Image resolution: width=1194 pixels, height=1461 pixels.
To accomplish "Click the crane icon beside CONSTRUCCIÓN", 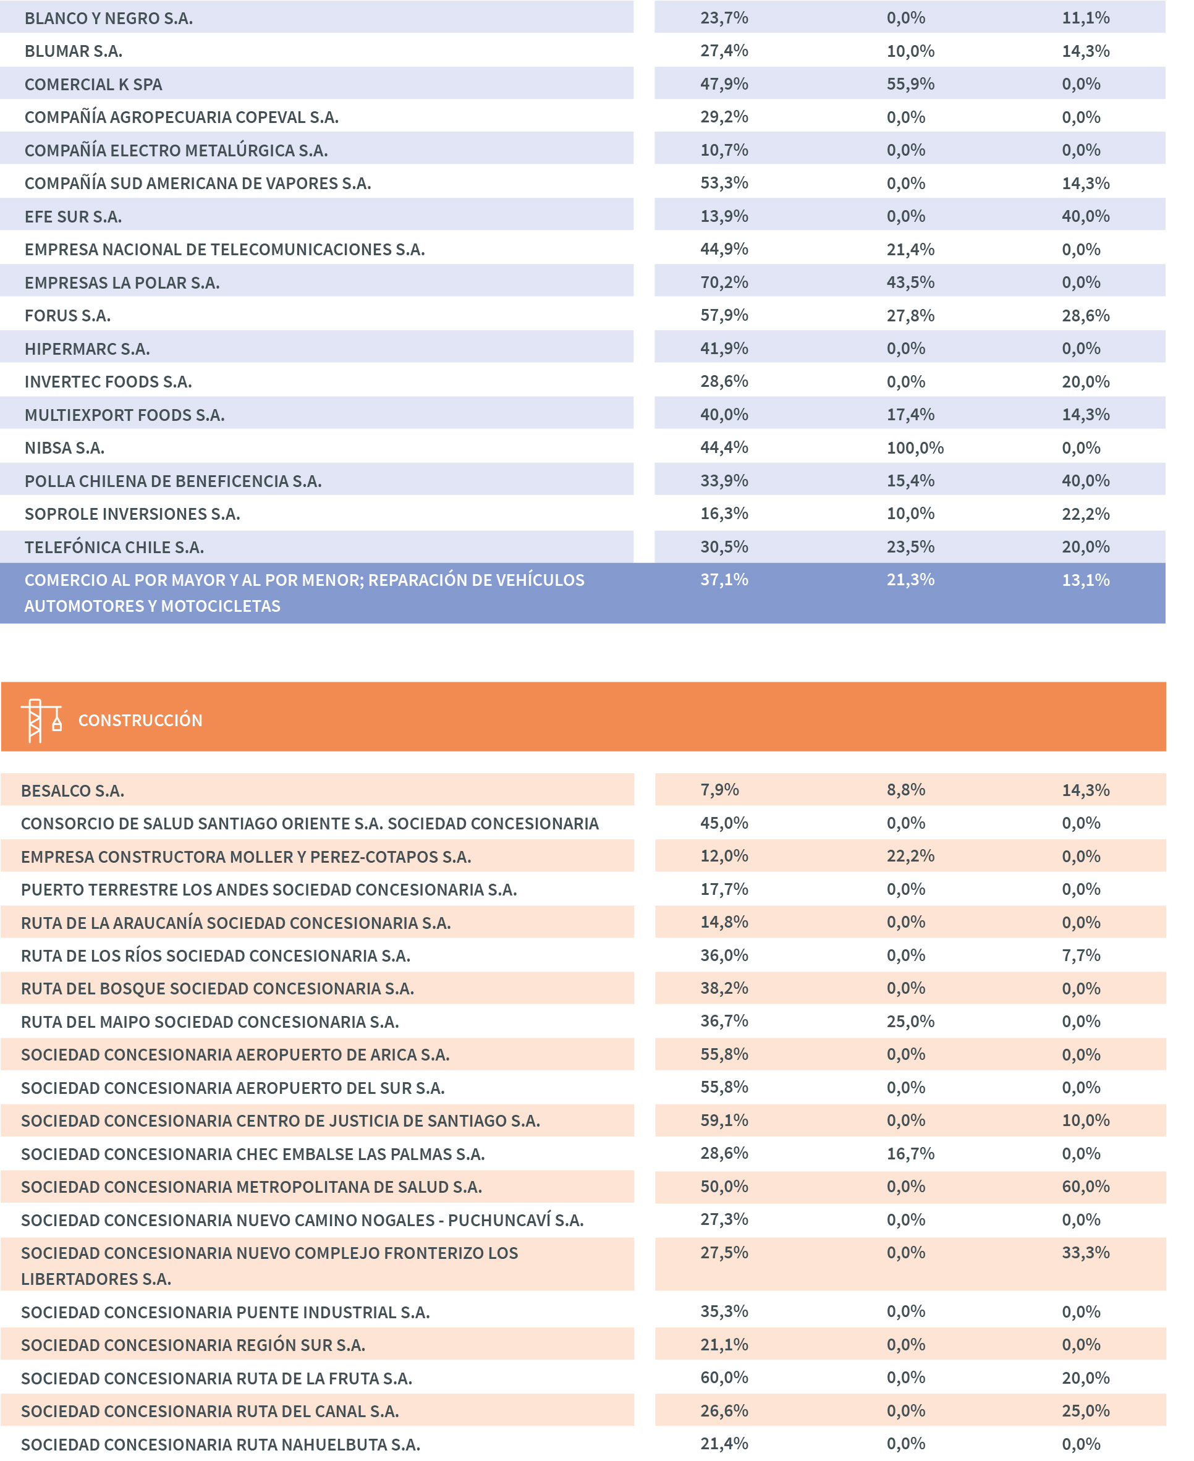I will (x=41, y=720).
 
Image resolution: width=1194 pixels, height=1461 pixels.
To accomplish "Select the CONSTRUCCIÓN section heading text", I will (x=140, y=720).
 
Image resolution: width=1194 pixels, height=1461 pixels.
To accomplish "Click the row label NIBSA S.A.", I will (x=65, y=448).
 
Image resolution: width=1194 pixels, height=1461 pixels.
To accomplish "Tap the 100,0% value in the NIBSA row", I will (x=915, y=448).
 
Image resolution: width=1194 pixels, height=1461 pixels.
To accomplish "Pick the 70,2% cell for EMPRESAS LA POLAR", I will (x=724, y=282).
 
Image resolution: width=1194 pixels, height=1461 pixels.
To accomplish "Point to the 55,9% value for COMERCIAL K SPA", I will (x=910, y=84).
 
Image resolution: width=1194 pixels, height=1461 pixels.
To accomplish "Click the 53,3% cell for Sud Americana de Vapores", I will (x=724, y=183).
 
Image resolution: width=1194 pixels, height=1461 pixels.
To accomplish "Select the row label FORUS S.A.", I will (x=67, y=316).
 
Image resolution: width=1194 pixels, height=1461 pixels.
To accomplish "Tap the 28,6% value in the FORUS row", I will (x=1085, y=316).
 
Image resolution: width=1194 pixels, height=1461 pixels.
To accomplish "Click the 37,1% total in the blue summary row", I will (x=724, y=580).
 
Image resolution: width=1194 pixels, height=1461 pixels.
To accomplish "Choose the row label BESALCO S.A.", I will (x=72, y=790).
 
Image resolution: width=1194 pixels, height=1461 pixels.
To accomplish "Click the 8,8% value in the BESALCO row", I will (x=905, y=790).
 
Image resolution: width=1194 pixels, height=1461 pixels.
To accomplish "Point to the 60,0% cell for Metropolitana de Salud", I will (x=1085, y=1186).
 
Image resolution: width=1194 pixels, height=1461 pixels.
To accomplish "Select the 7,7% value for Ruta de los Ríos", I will (x=1080, y=955).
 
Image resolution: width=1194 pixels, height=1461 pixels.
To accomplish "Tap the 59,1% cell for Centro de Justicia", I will (x=724, y=1120).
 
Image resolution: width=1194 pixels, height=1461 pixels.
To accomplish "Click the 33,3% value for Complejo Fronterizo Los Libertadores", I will (x=1085, y=1252).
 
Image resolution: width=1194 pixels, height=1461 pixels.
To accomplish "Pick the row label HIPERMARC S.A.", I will (x=87, y=349).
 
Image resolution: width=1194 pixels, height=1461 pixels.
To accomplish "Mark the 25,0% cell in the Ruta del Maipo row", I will (x=910, y=1021).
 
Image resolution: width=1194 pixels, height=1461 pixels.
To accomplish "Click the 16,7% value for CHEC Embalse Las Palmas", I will (x=910, y=1153).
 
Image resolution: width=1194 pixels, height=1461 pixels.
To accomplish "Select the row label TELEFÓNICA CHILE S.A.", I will (x=114, y=547).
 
